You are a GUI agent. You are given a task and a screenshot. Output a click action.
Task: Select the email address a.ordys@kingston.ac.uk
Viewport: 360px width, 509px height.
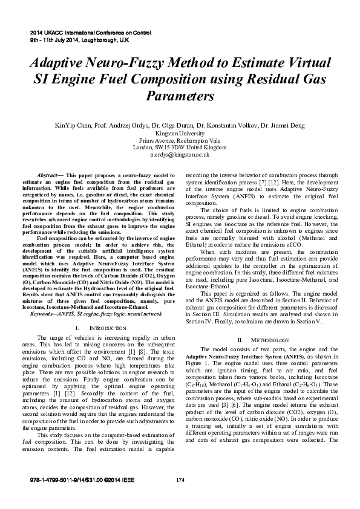(x=180, y=155)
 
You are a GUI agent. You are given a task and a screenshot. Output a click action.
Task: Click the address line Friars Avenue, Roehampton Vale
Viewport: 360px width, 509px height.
(x=180, y=140)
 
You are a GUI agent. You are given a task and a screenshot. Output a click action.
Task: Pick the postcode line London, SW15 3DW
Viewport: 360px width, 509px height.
(x=180, y=148)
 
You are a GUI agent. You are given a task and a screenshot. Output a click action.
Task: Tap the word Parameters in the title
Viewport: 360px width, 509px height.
(x=180, y=96)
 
